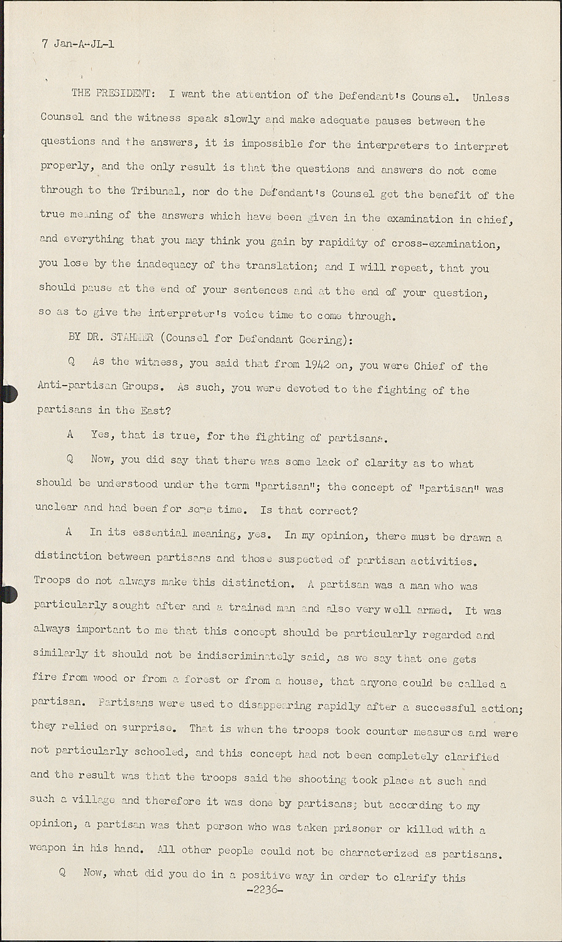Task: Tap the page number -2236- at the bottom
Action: pos(265,890)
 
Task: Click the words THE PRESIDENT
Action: pos(111,94)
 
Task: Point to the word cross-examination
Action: pos(443,244)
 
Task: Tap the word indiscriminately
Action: pos(245,656)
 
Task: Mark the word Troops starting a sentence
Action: pos(52,580)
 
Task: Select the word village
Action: pos(94,801)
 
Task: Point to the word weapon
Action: pos(47,847)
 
